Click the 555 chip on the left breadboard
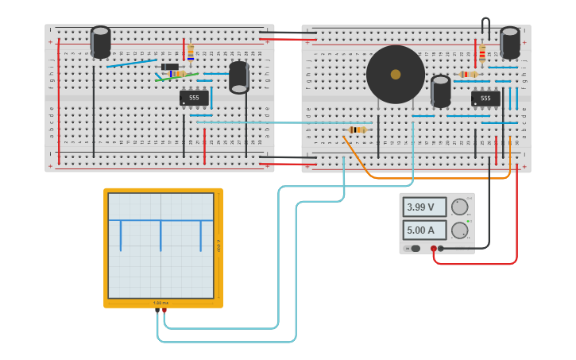click(x=194, y=98)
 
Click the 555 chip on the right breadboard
click(x=485, y=99)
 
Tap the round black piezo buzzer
click(x=396, y=74)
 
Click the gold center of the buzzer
click(x=396, y=74)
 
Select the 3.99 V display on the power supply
click(x=424, y=207)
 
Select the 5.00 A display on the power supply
click(x=424, y=230)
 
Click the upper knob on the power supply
click(x=459, y=207)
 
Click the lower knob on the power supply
click(x=459, y=230)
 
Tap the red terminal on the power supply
click(x=434, y=249)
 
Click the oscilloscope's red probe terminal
click(x=164, y=311)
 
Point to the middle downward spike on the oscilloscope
click(x=160, y=235)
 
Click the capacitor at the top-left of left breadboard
click(x=101, y=42)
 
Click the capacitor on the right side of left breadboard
click(x=239, y=77)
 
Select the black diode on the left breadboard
click(x=170, y=67)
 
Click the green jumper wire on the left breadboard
click(x=176, y=78)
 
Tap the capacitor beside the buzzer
click(x=441, y=91)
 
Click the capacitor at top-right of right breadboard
click(x=510, y=42)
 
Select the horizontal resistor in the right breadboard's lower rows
click(x=358, y=130)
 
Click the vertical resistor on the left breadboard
click(x=191, y=52)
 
